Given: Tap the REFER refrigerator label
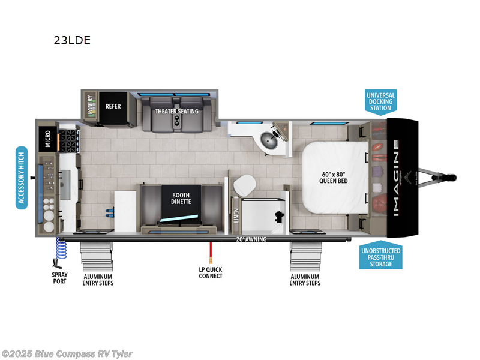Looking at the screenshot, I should [113, 106].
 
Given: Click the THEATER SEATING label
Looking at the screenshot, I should [176, 111].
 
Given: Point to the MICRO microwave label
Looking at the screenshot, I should [47, 140].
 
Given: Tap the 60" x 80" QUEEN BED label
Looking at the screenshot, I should [335, 177].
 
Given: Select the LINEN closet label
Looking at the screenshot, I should [236, 214].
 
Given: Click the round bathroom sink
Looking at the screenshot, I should [267, 142].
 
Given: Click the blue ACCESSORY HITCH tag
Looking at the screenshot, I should [22, 177].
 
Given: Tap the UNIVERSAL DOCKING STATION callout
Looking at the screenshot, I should [380, 101].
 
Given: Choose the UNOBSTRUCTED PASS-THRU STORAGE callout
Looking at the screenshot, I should [381, 256].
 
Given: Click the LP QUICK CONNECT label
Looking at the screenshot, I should [211, 272].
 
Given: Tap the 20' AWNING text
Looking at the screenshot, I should [251, 239].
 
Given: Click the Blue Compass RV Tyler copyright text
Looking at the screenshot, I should [67, 354].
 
